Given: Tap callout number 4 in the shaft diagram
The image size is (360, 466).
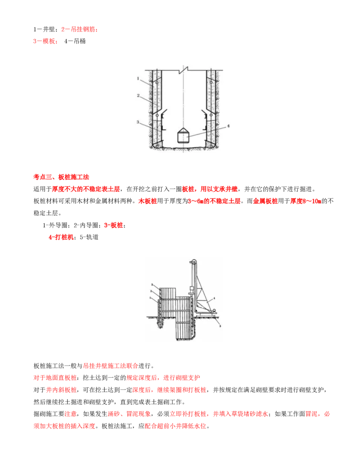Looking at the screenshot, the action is (x=228, y=126).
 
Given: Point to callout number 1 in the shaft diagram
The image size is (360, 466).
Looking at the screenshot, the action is (x=138, y=78).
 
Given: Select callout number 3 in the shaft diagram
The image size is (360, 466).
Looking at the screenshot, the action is (x=138, y=122).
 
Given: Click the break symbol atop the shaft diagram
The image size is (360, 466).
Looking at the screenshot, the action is (x=184, y=70).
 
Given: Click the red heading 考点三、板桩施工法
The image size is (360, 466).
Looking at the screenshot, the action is (x=61, y=177).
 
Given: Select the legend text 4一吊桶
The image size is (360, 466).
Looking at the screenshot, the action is (x=75, y=41).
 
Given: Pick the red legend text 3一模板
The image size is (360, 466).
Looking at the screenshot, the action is (x=44, y=41).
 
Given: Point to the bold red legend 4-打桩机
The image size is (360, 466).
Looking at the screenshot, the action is (x=61, y=237).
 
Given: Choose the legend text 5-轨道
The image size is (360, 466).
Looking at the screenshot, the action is (x=89, y=237).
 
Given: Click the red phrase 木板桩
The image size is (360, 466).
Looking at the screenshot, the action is (x=148, y=201).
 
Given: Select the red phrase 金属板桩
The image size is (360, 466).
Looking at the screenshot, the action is (x=265, y=201).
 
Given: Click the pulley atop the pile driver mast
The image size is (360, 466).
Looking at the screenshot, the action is (x=193, y=262).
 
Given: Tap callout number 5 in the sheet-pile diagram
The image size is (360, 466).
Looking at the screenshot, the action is (x=220, y=326).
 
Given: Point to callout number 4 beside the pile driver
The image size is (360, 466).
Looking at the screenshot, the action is (x=214, y=298).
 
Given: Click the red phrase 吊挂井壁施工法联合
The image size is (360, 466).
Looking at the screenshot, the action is (x=111, y=366).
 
